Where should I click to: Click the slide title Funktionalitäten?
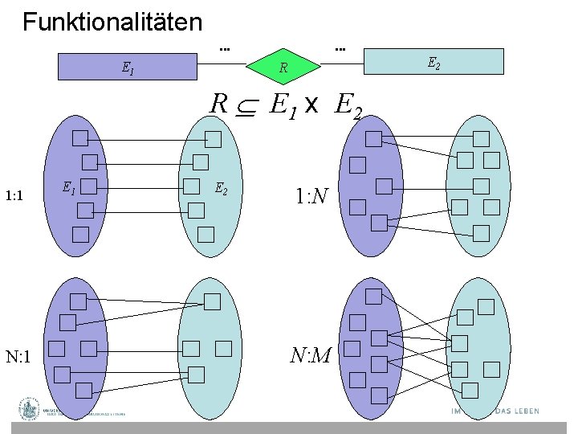(x=112, y=22)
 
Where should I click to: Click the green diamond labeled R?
(x=283, y=68)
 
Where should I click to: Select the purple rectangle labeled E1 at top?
(x=128, y=68)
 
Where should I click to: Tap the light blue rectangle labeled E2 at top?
(x=433, y=62)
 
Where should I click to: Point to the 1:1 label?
(x=18, y=195)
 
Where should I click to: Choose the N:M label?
(x=311, y=353)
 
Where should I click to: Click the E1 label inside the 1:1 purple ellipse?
(x=70, y=188)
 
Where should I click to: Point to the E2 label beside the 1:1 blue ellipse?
(x=221, y=190)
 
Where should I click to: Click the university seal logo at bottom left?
(x=30, y=409)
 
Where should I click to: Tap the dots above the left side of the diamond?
(x=226, y=49)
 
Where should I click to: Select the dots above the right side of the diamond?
(x=340, y=49)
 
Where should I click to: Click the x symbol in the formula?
(x=312, y=105)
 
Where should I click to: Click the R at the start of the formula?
(x=218, y=104)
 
